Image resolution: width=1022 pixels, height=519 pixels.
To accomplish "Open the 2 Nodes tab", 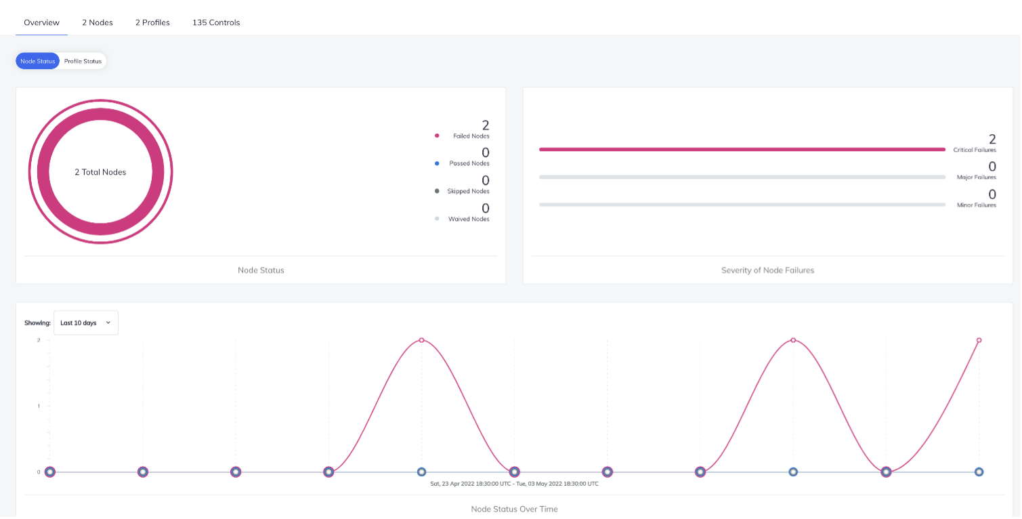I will pos(98,22).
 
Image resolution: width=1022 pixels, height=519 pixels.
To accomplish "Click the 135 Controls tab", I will pos(216,22).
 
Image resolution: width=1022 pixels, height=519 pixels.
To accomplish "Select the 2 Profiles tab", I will pos(152,22).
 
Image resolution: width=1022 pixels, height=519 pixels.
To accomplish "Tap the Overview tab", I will pos(41,22).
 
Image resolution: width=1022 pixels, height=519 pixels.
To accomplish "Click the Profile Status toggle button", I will pos(83,61).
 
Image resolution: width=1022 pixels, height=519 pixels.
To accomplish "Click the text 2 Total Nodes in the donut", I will pos(100,172).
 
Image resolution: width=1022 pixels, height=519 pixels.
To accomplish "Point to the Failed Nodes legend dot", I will pos(437,136).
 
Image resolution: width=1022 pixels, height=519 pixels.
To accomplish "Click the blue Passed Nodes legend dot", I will pos(437,163).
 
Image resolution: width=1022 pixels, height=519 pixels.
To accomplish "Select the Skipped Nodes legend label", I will pos(468,191).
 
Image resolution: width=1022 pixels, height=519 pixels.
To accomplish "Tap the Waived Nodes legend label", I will pos(469,219).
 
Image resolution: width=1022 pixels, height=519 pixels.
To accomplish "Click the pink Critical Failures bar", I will pos(742,149).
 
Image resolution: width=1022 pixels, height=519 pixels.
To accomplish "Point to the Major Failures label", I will pos(976,178).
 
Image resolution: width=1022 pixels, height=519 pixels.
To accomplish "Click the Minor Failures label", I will pos(976,205).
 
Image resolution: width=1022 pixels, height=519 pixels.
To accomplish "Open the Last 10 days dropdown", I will pos(86,323).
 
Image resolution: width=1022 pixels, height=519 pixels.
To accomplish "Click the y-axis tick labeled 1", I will pos(39,406).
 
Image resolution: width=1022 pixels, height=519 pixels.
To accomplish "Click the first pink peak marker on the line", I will pos(421,340).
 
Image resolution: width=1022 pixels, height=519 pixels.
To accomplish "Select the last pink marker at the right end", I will pos(979,340).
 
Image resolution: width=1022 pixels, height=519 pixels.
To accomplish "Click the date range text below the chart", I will pos(514,484).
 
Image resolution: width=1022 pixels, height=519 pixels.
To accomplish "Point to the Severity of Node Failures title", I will pos(767,270).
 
